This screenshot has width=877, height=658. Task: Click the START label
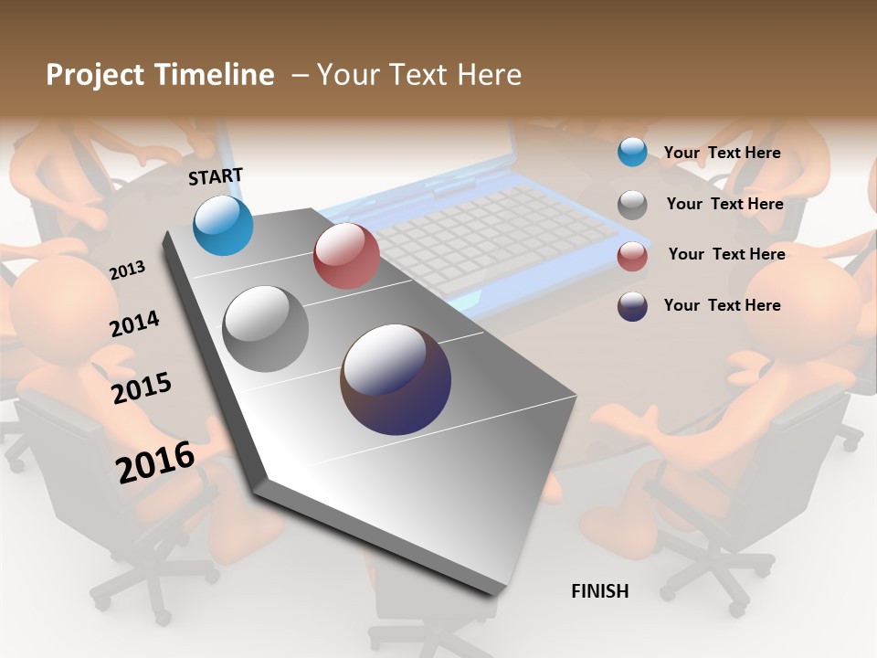(216, 176)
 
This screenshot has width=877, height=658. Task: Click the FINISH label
(600, 591)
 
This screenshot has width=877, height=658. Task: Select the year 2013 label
(127, 271)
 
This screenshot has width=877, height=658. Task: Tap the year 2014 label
(134, 324)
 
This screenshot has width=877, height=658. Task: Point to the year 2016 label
(155, 462)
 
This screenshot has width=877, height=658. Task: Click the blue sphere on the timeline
(224, 225)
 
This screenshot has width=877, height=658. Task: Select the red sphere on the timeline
(346, 256)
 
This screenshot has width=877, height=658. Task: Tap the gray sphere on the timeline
(266, 329)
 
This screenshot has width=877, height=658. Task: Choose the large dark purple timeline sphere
(396, 379)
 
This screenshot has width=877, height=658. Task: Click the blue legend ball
(632, 153)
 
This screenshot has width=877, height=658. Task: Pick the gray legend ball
(632, 205)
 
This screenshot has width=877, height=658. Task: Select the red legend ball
(632, 256)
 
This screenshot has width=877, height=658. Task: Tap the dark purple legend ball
(632, 306)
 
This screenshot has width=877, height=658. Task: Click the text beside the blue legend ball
(722, 153)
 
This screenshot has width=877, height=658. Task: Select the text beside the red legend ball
(726, 254)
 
